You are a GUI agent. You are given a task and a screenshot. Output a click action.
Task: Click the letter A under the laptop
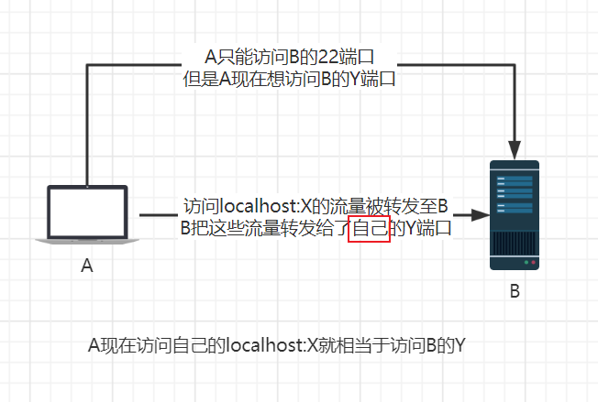(88, 266)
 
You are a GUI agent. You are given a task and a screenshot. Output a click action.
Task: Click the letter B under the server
(515, 292)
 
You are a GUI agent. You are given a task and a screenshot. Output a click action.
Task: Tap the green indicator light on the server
(524, 263)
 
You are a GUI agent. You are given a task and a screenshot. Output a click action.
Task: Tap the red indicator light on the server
(531, 263)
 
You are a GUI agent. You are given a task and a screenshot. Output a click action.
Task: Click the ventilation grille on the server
(514, 242)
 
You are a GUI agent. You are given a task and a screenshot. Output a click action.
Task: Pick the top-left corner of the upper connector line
(86, 65)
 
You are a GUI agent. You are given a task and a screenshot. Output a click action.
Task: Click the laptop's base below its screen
(87, 240)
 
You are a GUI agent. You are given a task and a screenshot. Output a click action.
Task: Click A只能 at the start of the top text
(222, 57)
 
